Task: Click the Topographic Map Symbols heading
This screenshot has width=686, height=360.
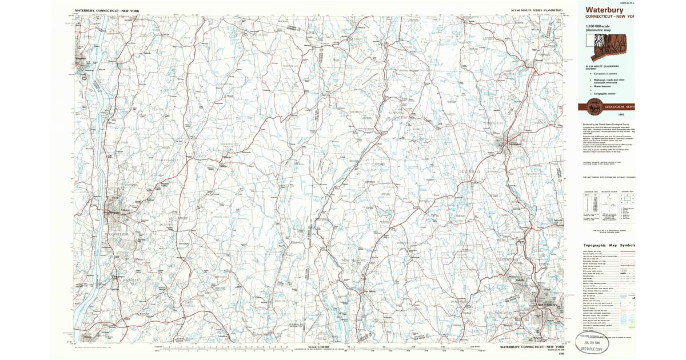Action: pyautogui.click(x=609, y=245)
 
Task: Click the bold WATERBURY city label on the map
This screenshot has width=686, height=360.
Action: pyautogui.click(x=547, y=306)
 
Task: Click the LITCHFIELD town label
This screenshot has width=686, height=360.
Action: pyautogui.click(x=470, y=171)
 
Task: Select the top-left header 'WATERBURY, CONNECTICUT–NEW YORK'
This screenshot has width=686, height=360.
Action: pyautogui.click(x=106, y=11)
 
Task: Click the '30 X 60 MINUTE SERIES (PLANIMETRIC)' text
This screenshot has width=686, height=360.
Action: pyautogui.click(x=536, y=11)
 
